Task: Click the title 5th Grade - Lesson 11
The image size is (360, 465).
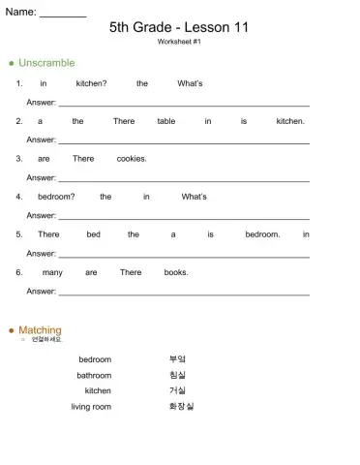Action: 179,27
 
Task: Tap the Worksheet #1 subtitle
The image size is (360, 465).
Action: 179,43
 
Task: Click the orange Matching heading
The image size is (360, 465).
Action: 40,330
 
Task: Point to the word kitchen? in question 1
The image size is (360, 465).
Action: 92,83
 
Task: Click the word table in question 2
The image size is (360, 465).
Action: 166,121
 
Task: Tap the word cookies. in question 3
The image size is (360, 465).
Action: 132,159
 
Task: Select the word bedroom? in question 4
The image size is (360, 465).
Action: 56,197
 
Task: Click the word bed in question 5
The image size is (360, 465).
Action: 93,234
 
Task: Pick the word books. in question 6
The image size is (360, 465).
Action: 176,272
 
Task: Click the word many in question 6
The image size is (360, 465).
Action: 52,272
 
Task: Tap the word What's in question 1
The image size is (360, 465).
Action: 191,83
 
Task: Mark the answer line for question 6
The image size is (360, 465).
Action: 184,292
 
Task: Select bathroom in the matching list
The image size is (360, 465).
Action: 94,375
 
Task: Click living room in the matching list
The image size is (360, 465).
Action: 91,407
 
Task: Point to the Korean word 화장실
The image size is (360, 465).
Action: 181,407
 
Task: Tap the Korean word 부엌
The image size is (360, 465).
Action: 177,359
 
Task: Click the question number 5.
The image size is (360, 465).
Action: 19,234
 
